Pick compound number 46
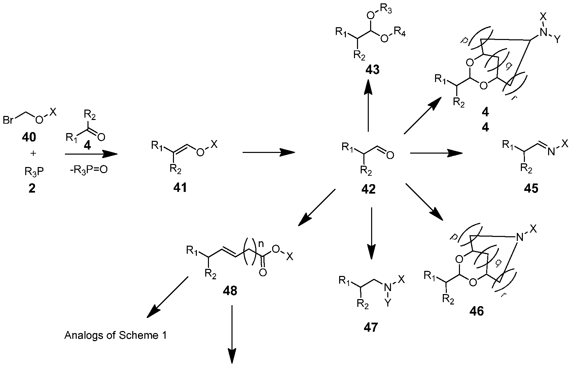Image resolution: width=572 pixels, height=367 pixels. (477, 311)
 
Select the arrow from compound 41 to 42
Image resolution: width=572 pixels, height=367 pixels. (269, 153)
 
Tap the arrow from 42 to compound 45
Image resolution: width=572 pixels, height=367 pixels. (436, 153)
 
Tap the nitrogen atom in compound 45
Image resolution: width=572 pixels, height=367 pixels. (551, 152)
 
